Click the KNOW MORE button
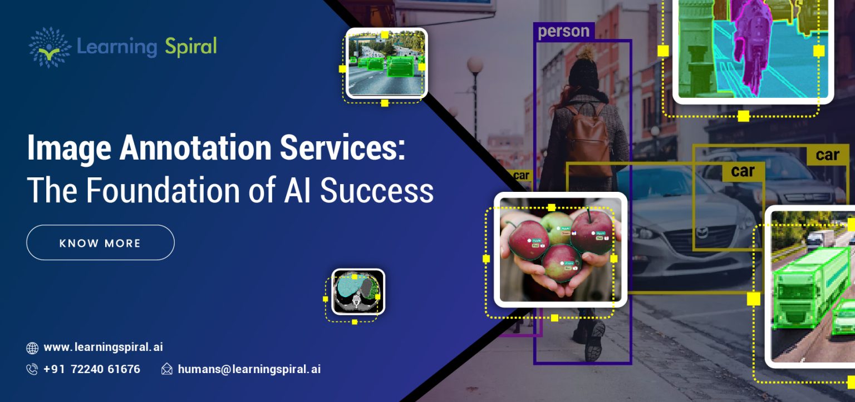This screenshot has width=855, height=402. pyautogui.click(x=100, y=243)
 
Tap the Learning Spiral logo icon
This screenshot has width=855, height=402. pyautogui.click(x=50, y=47)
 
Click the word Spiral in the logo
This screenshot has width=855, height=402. pyautogui.click(x=190, y=47)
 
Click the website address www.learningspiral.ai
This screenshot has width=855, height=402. pyautogui.click(x=103, y=348)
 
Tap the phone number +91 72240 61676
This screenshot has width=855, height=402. pyautogui.click(x=92, y=369)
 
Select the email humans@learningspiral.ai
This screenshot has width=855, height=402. pyautogui.click(x=249, y=369)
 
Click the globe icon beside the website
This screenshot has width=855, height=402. pyautogui.click(x=32, y=348)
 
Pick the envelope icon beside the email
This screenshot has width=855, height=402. pyautogui.click(x=166, y=369)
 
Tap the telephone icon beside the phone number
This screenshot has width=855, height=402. pyautogui.click(x=32, y=369)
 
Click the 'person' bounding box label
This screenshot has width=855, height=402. pyautogui.click(x=563, y=31)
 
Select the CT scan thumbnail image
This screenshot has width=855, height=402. pyautogui.click(x=358, y=291)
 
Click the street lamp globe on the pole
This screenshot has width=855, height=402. pyautogui.click(x=475, y=65)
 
